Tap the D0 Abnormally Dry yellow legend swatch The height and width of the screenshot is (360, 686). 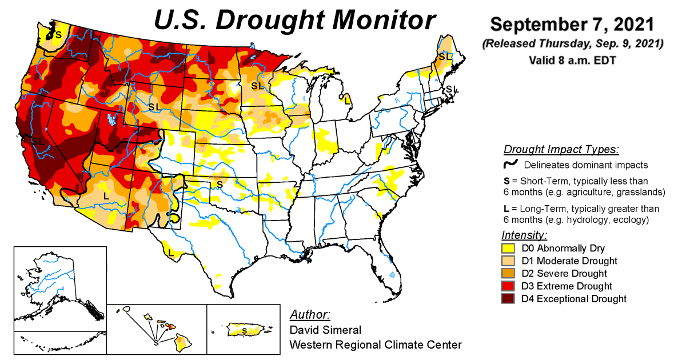click(508, 249)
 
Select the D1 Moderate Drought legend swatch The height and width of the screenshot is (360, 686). click(508, 261)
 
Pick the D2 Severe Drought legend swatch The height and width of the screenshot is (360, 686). click(508, 274)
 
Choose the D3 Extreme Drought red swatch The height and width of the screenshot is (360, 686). click(508, 286)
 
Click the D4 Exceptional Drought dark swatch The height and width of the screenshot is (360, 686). click(508, 299)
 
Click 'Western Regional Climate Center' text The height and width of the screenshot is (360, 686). click(375, 345)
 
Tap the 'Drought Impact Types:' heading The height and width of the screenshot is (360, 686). click(561, 150)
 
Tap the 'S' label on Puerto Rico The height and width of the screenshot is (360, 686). click(245, 330)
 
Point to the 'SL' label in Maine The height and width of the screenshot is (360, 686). click(444, 57)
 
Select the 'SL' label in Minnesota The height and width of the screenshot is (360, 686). click(257, 86)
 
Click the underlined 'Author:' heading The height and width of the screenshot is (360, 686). click(309, 315)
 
